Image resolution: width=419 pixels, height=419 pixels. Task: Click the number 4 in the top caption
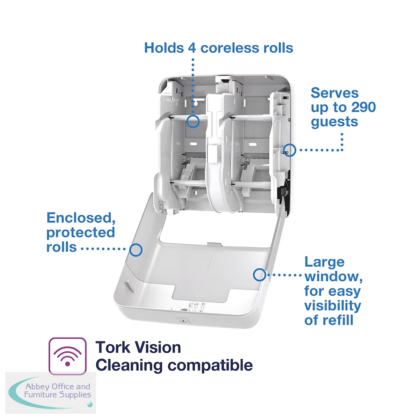[192, 48]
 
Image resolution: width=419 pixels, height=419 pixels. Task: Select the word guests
[334, 122]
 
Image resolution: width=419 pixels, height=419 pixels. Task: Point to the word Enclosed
[81, 218]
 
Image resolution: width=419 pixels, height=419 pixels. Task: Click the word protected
[81, 233]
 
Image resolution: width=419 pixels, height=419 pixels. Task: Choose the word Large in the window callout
[324, 262]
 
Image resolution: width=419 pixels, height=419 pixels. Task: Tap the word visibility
[332, 306]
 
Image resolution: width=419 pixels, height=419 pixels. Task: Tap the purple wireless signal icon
[67, 356]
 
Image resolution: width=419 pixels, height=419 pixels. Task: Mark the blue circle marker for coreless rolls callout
[193, 122]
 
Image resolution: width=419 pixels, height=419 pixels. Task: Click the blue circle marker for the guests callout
[289, 150]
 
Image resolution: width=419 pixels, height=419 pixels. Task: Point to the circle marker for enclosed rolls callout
[136, 250]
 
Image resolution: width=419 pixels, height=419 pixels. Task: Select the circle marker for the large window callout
[259, 275]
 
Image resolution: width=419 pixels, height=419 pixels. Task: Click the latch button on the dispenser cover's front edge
[183, 319]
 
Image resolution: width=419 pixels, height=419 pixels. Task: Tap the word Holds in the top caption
[164, 48]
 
